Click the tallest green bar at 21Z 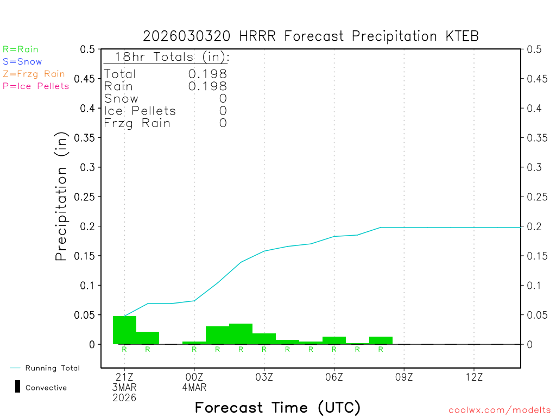[124, 330]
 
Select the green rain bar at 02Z [241, 333]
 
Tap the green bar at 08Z [381, 340]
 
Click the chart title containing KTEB [311, 36]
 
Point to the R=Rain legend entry [21, 49]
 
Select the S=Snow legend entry [22, 62]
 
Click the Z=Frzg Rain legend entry [34, 74]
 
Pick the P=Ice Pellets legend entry [36, 86]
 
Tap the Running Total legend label [52, 368]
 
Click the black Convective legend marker [17, 387]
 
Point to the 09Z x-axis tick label [404, 377]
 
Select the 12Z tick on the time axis [474, 377]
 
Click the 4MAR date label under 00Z [194, 388]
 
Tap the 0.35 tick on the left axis [87, 138]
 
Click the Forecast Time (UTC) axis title [277, 407]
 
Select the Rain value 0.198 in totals [207, 86]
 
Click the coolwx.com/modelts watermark [500, 410]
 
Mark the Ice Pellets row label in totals [140, 111]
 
